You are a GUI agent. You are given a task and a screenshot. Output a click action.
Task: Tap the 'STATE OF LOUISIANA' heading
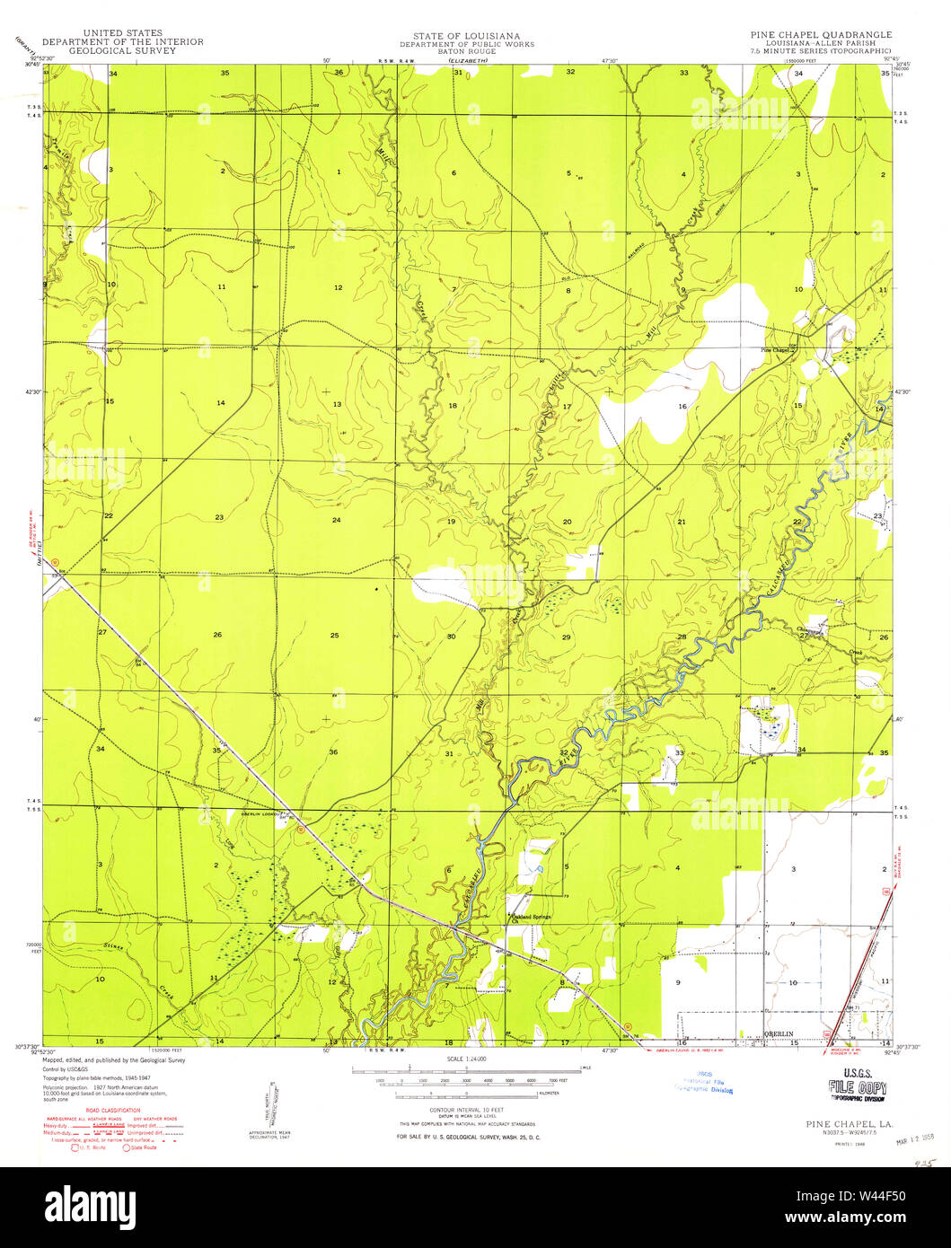pos(466,35)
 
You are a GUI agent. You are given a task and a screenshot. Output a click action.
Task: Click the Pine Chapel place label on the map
pos(775,350)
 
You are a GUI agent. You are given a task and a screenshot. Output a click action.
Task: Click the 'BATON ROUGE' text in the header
pos(466,51)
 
